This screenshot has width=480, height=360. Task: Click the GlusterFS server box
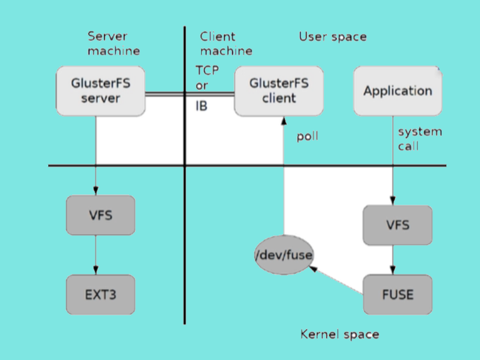click(x=100, y=91)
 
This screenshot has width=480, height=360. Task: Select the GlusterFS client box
click(x=279, y=91)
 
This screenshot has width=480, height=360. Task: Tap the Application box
click(x=397, y=91)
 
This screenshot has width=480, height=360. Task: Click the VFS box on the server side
click(x=100, y=215)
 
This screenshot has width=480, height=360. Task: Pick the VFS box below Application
click(x=397, y=224)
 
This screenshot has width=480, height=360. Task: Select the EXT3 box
click(x=100, y=295)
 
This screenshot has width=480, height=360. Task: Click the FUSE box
click(x=397, y=295)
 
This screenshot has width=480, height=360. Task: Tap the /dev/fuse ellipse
click(x=284, y=255)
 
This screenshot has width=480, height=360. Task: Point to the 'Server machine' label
click(x=114, y=43)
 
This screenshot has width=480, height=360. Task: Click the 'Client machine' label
click(x=226, y=43)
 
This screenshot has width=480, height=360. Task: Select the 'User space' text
click(x=333, y=37)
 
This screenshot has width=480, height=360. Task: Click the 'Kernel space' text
click(x=339, y=334)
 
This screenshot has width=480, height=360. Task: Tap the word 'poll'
click(x=308, y=136)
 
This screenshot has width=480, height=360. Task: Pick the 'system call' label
click(x=419, y=139)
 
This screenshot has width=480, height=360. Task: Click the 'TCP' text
click(x=207, y=71)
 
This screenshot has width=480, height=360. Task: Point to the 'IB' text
click(x=201, y=106)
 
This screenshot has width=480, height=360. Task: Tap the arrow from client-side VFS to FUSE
click(x=393, y=259)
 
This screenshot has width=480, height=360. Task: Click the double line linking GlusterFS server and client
click(x=190, y=94)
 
